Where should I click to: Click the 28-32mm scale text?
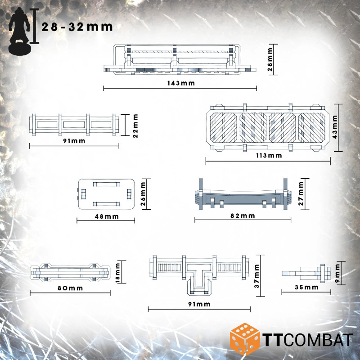77,27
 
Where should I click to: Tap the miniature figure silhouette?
19,31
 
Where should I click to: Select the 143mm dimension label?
181,83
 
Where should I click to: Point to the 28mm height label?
270,59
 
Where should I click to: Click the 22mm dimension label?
135,126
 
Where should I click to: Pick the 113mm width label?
269,155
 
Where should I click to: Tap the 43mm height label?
335,127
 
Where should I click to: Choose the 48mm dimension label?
107,216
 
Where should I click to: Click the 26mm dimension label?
143,194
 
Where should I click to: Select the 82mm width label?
243,216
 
